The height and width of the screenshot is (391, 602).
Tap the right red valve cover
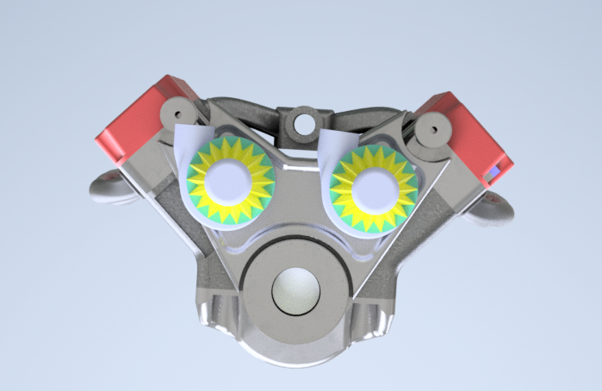(470, 133)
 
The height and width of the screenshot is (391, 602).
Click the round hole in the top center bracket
(304, 123)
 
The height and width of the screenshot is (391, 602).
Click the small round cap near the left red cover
(178, 111)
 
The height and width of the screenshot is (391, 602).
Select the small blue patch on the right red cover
(493, 175)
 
